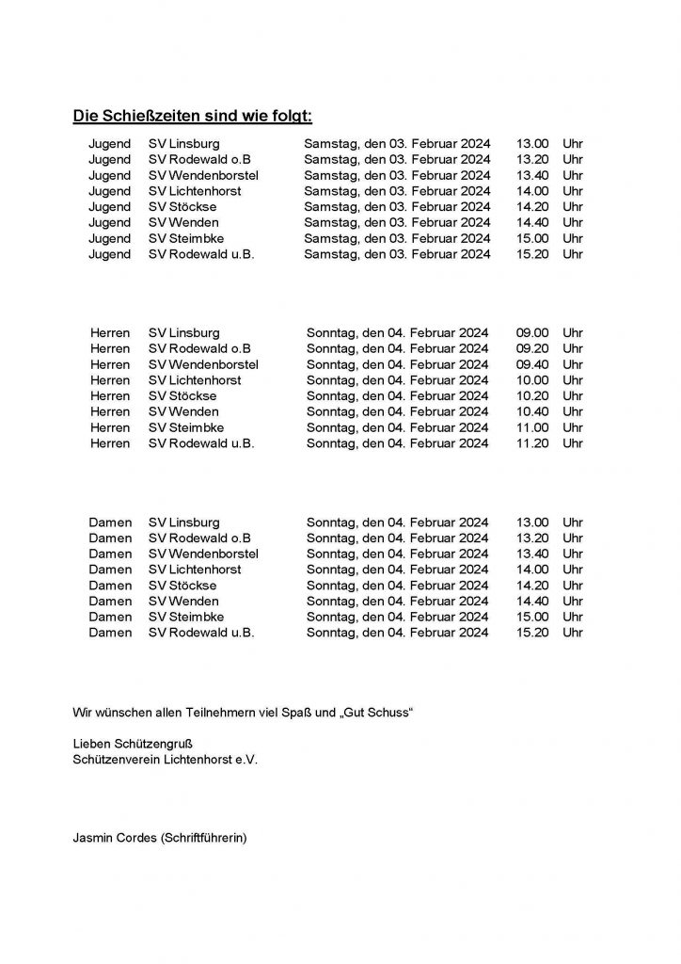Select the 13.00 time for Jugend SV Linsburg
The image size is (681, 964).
click(x=532, y=144)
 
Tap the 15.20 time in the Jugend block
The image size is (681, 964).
click(x=532, y=254)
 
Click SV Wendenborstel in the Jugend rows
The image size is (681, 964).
click(x=204, y=175)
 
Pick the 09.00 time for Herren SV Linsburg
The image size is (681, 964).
click(x=532, y=333)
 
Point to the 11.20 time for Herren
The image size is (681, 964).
click(x=532, y=443)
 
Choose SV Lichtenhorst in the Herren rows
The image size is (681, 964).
click(x=195, y=380)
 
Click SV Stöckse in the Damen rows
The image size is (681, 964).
click(x=182, y=586)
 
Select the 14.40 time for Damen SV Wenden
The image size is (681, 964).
click(x=532, y=601)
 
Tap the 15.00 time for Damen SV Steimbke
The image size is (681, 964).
click(x=532, y=617)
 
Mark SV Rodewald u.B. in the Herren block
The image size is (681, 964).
click(x=201, y=443)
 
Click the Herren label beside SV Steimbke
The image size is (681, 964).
click(x=110, y=427)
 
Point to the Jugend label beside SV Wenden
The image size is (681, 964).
click(x=110, y=222)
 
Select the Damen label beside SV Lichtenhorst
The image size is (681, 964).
click(x=110, y=570)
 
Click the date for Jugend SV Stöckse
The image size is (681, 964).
click(x=397, y=207)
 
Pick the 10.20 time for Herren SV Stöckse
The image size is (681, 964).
click(x=532, y=396)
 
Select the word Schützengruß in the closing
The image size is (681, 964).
click(x=156, y=744)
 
